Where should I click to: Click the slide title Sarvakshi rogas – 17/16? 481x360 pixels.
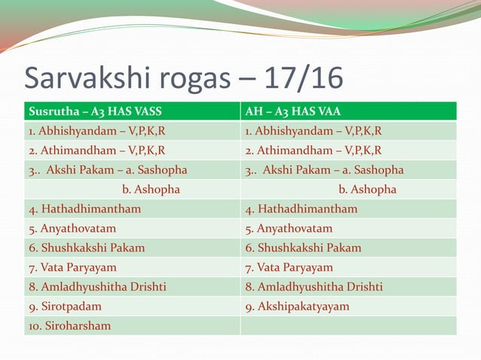(x=184, y=78)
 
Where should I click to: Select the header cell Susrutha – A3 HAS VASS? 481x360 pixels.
(x=95, y=111)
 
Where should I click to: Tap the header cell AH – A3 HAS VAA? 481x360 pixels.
(x=293, y=111)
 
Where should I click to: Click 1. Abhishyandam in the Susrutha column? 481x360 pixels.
(x=97, y=131)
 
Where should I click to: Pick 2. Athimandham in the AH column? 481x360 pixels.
(x=313, y=150)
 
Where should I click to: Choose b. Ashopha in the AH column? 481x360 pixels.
(x=367, y=189)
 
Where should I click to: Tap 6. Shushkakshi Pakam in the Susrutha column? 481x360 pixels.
(x=87, y=248)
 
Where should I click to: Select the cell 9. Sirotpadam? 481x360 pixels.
(x=65, y=307)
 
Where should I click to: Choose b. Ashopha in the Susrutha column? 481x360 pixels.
(x=151, y=189)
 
